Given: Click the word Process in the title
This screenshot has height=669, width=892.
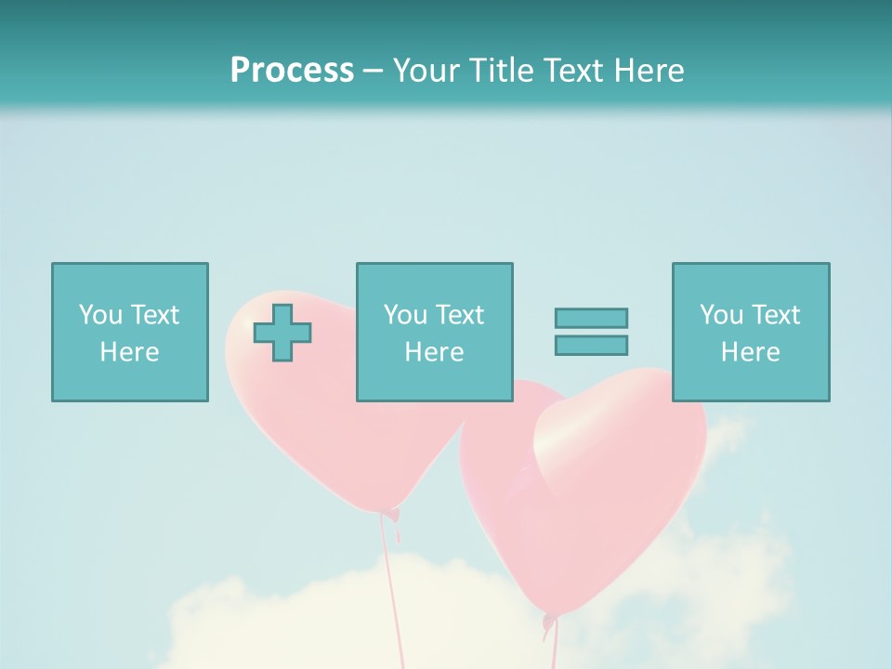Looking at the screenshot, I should (292, 71).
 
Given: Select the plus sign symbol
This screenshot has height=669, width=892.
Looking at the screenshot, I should (282, 333).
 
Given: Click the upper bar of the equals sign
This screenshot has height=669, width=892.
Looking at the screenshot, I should (591, 318).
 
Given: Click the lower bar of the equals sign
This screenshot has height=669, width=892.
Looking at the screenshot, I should (591, 345).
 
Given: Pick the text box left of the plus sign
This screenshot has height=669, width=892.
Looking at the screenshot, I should (129, 332).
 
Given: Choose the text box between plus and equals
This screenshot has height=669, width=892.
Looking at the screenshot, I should (434, 332).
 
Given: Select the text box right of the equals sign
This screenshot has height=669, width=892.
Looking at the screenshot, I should (750, 332).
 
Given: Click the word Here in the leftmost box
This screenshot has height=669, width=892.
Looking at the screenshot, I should (129, 352).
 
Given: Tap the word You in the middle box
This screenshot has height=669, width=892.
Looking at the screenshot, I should (405, 315).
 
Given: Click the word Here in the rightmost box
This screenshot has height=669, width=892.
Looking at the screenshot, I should (750, 352).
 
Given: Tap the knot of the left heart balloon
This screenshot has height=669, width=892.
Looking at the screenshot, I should (393, 514).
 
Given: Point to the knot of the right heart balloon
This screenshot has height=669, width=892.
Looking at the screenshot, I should (549, 621).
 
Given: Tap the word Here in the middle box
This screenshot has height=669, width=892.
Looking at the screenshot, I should (434, 352).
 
